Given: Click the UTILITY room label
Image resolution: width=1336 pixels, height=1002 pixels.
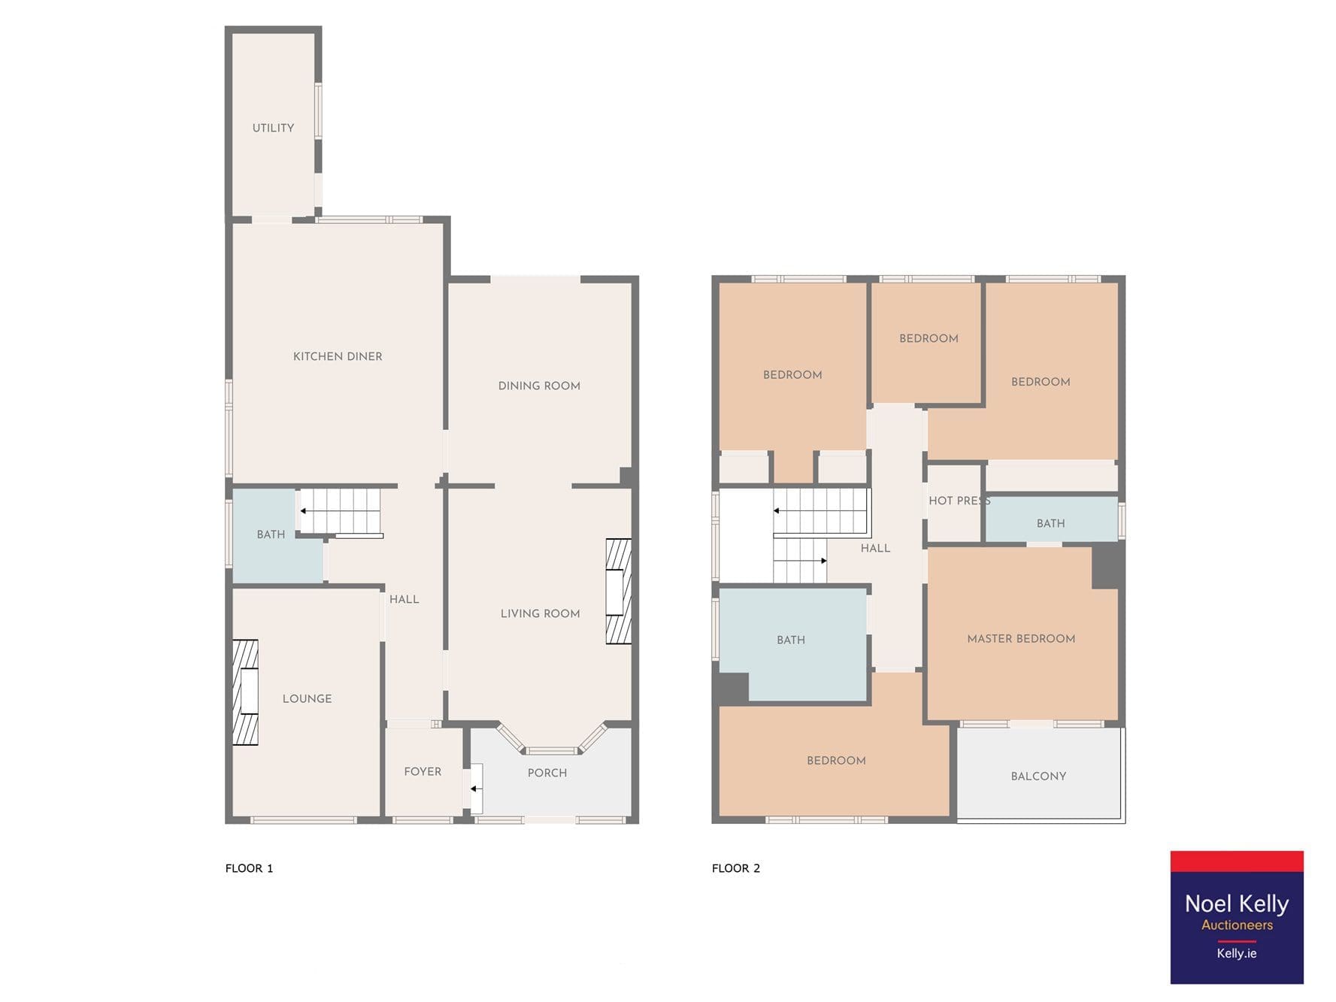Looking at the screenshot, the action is click(x=273, y=128).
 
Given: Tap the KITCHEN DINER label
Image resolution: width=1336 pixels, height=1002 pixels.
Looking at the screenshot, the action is click(x=338, y=356).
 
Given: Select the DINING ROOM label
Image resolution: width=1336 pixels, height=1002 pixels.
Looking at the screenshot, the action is click(x=539, y=386).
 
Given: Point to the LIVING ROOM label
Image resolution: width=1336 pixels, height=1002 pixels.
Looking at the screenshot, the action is click(x=540, y=613).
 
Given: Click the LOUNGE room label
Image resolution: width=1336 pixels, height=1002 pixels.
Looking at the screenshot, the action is click(x=307, y=698).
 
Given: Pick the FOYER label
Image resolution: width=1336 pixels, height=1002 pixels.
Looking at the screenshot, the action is click(x=423, y=771).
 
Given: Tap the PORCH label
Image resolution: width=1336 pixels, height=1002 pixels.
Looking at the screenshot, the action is click(x=547, y=773).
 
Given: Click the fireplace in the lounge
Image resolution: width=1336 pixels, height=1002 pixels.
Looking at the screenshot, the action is click(x=245, y=692).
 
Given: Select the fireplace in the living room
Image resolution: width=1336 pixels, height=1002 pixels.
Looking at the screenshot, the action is click(x=619, y=592).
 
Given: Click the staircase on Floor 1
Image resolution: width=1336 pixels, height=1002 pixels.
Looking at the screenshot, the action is click(x=341, y=511).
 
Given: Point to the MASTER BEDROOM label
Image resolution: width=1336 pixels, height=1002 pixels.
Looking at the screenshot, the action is click(x=1021, y=639).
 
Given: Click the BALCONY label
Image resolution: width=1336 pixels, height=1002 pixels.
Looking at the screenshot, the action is click(x=1038, y=776).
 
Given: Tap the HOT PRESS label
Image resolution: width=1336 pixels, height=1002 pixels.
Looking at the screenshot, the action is click(x=959, y=501).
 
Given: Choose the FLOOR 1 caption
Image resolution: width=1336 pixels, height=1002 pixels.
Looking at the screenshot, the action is click(x=249, y=868).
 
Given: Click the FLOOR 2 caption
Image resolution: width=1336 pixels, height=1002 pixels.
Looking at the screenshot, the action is click(x=736, y=868).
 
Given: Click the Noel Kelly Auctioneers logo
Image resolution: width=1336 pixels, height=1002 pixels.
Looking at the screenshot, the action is click(x=1237, y=917).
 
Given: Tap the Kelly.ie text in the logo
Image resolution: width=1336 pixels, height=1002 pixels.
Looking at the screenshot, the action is click(x=1237, y=953).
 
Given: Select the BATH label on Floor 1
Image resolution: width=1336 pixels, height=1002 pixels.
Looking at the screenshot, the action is click(x=271, y=534).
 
